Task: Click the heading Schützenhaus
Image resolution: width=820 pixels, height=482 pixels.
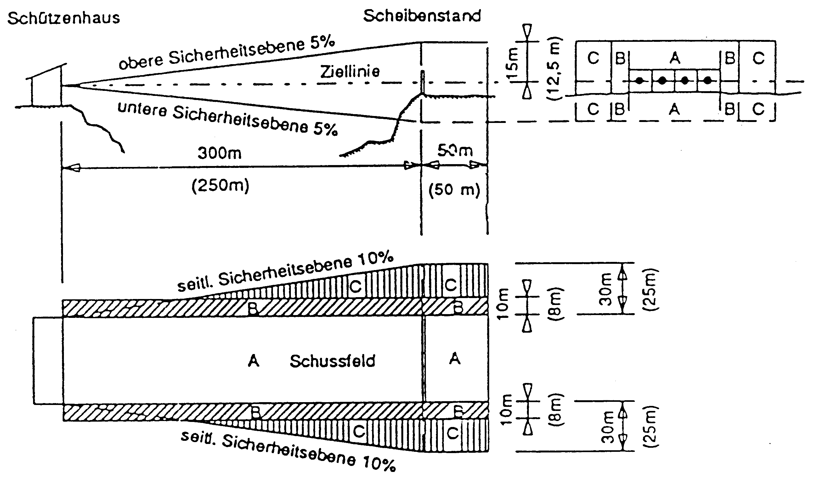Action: point(64,18)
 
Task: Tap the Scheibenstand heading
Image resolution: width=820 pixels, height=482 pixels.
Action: point(422,16)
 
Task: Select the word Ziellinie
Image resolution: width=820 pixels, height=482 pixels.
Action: point(350,71)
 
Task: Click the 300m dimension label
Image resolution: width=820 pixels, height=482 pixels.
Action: point(219,153)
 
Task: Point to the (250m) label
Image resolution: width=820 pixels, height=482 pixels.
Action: point(220,186)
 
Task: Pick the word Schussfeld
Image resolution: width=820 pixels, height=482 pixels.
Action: point(332,361)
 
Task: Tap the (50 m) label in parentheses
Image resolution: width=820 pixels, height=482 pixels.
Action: point(454,190)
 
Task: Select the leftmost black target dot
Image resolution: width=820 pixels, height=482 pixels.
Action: point(640,80)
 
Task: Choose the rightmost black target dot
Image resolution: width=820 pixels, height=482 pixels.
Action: point(708,80)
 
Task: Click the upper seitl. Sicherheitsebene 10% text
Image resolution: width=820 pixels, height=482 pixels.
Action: point(285,272)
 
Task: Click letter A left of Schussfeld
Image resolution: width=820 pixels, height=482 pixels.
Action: point(253,361)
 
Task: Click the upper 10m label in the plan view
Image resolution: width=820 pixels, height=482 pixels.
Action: point(503,304)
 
